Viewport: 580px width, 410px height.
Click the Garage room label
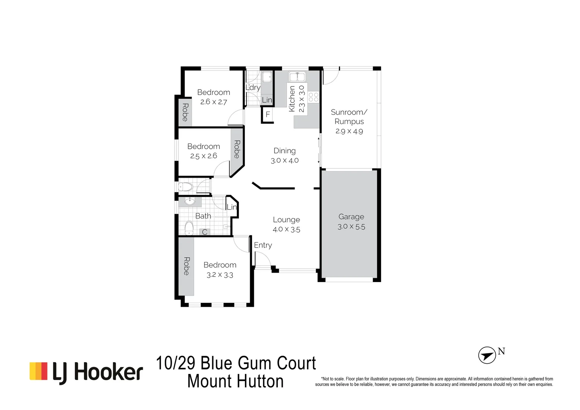pos(351,217)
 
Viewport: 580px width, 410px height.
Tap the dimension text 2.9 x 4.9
pos(349,131)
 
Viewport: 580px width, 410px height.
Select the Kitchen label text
pos(292,99)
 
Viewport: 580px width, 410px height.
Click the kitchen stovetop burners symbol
pos(314,97)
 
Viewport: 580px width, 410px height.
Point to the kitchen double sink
pos(297,77)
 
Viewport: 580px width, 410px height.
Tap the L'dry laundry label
pos(253,87)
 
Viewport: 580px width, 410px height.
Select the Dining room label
pos(284,151)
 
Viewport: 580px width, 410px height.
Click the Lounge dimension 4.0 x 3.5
pos(286,229)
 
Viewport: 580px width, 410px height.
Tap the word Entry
pos(263,245)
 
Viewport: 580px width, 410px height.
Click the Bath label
pos(203,216)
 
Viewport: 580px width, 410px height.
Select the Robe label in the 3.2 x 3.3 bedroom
pos(186,266)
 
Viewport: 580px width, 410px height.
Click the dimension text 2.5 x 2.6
pos(203,156)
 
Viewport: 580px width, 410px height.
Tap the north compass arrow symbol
pos(487,355)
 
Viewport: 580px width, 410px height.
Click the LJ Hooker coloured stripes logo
pos(38,371)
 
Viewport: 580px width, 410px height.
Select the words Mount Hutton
pos(235,382)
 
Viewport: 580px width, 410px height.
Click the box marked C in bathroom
pos(205,232)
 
